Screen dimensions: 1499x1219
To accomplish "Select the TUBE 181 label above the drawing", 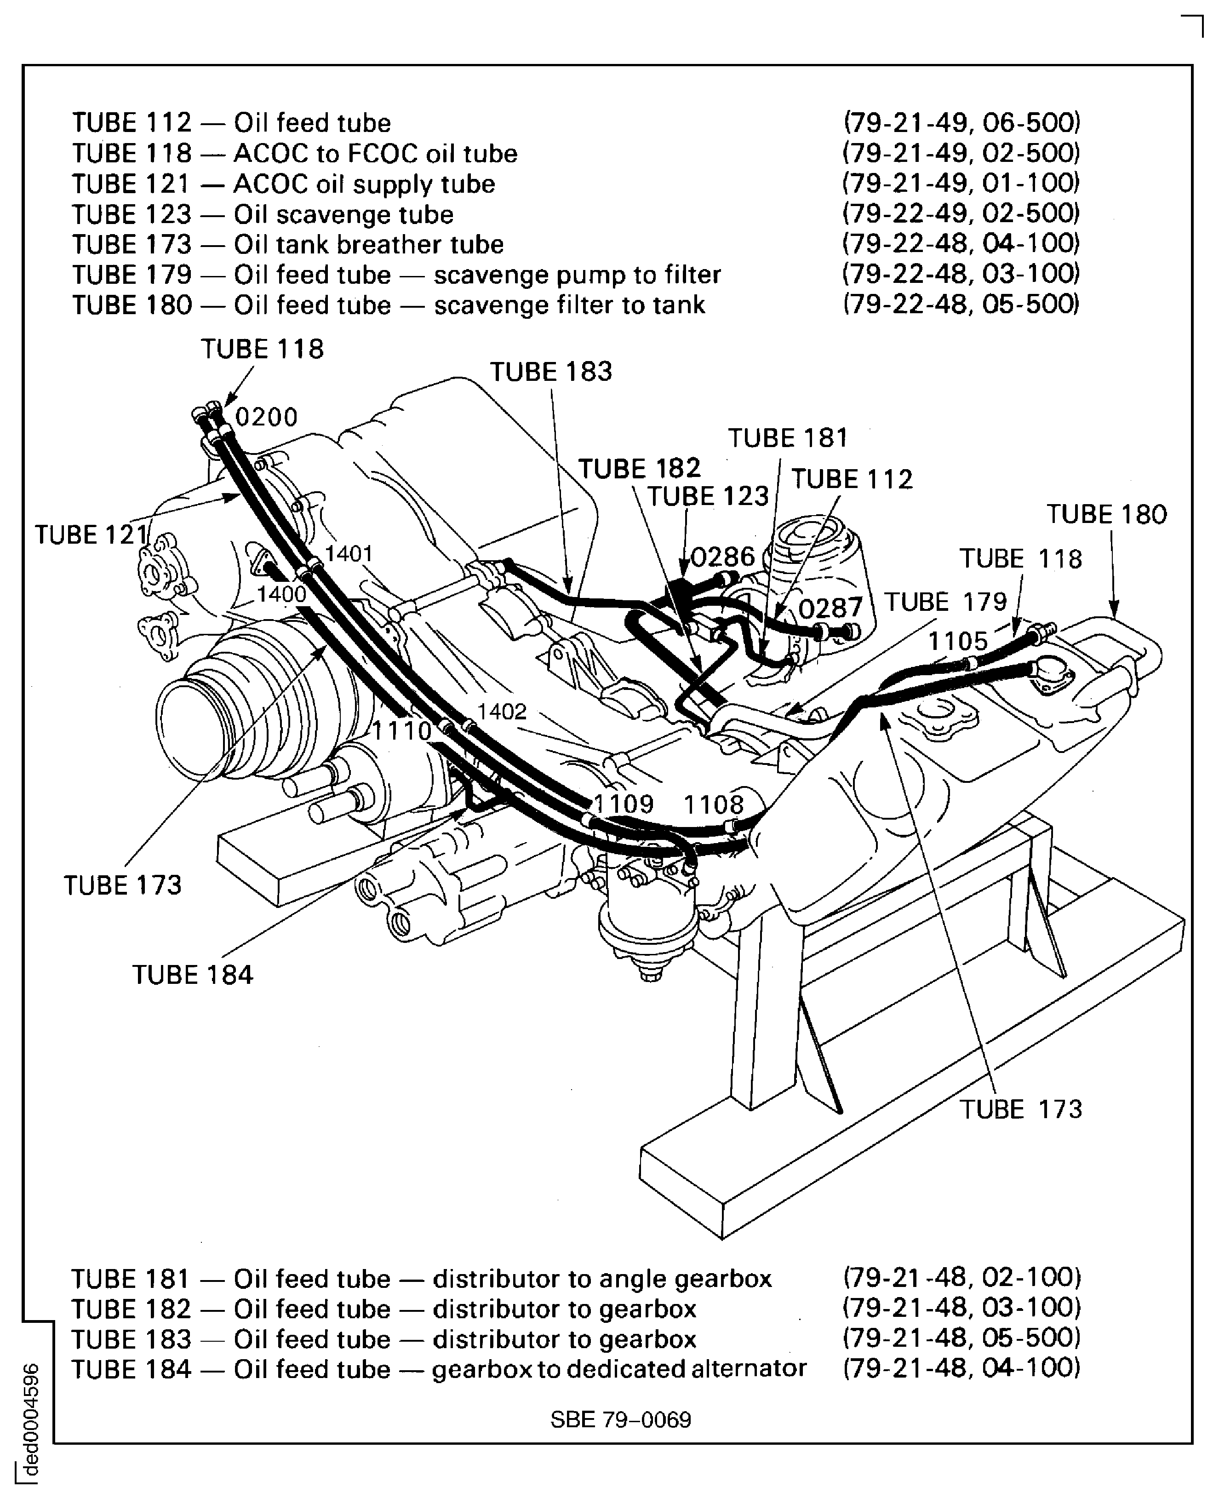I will tap(788, 438).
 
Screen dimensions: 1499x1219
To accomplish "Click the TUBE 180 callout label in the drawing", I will tap(1107, 514).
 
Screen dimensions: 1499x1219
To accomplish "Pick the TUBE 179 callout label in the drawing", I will tap(945, 602).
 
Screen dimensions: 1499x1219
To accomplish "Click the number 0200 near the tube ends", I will tap(266, 417).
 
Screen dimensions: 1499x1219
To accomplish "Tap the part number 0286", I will tap(722, 557).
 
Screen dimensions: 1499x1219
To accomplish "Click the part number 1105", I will tap(958, 641).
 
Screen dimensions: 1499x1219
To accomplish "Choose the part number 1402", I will tap(502, 712).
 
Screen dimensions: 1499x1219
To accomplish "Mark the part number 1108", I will tap(714, 804).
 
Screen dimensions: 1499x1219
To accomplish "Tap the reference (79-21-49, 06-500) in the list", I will tap(961, 123).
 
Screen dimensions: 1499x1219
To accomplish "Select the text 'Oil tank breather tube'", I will tap(369, 244).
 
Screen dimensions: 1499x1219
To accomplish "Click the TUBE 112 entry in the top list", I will tap(132, 123).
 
